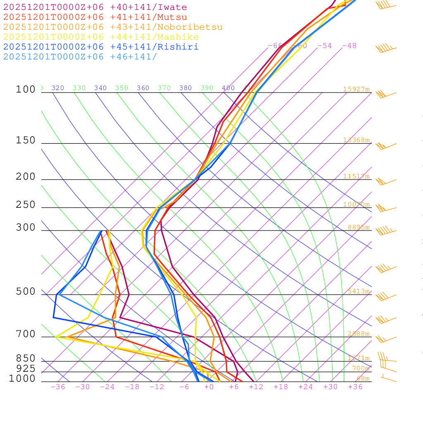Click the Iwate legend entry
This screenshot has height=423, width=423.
[x=95, y=7]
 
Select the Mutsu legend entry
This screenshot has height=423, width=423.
[x=95, y=17]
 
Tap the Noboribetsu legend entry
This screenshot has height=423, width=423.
[x=113, y=27]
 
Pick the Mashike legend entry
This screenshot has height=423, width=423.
[x=101, y=37]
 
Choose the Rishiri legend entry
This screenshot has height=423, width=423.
[x=101, y=47]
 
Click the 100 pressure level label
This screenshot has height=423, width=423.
[x=26, y=89]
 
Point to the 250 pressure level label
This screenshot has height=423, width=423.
[x=26, y=205]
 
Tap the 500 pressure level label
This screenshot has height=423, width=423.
[x=26, y=292]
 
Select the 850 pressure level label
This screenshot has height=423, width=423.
[x=26, y=359]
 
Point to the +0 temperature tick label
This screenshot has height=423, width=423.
[x=209, y=387]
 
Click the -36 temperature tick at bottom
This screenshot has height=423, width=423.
[x=58, y=387]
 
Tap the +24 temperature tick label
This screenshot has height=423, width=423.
[x=306, y=387]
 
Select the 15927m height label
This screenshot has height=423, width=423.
[x=356, y=89]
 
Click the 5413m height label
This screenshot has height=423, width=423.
[x=358, y=291]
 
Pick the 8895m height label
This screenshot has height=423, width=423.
[x=358, y=227]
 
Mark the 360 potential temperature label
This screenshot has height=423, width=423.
[x=143, y=88]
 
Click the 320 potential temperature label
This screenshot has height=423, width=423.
[x=58, y=88]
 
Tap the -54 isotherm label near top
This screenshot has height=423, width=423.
[x=324, y=46]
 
